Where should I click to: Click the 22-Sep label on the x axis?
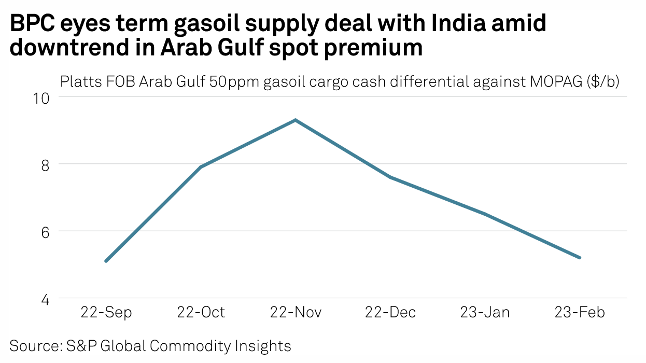point(106,313)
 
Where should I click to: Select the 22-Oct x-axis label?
point(201,313)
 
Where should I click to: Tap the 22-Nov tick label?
point(296,313)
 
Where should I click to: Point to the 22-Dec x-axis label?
point(390,313)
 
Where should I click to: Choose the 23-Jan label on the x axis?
point(485,313)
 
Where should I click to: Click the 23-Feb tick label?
point(580,313)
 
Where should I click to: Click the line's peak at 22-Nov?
point(296,120)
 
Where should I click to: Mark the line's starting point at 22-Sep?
point(106,261)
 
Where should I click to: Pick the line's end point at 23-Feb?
point(580,258)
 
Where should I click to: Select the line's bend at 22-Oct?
point(201,167)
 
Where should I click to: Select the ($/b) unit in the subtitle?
point(603,82)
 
